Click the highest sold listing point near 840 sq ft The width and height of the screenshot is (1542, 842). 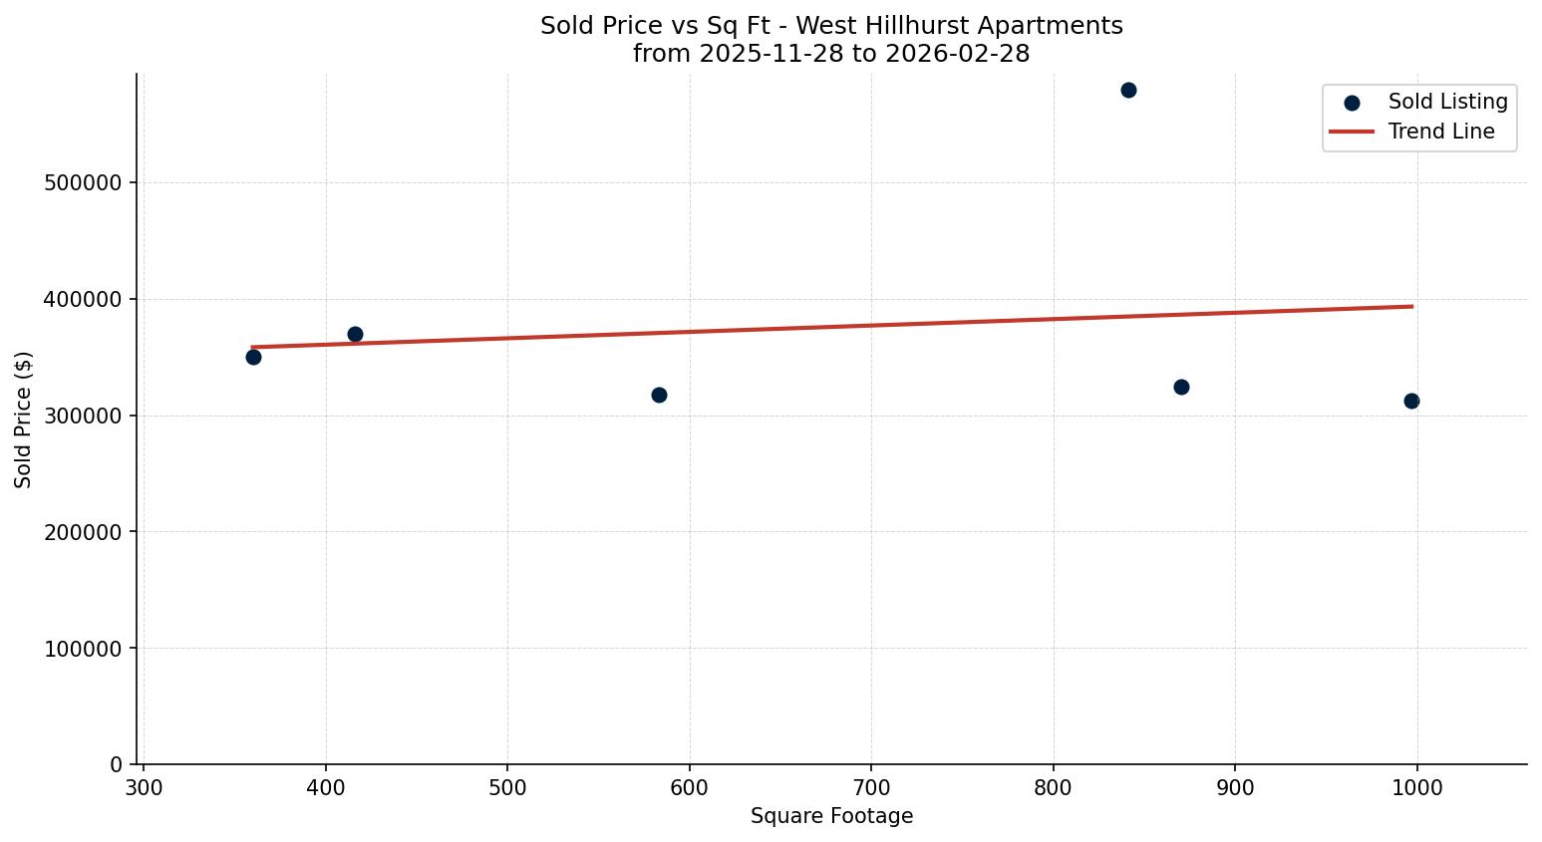[x=1128, y=91]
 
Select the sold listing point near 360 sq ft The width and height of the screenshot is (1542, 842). [x=253, y=357]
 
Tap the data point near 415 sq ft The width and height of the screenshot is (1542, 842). [x=355, y=334]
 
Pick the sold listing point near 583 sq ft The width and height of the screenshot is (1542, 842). [x=659, y=396]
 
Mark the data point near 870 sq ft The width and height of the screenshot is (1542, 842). [x=1181, y=387]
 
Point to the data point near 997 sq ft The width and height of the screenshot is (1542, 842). [x=1411, y=401]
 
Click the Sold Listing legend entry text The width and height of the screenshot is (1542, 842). [x=1447, y=102]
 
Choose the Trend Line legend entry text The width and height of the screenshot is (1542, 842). [x=1440, y=132]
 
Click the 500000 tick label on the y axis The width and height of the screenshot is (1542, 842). [x=84, y=183]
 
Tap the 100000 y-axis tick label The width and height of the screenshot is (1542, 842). [x=84, y=649]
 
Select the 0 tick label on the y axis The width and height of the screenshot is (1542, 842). [x=116, y=765]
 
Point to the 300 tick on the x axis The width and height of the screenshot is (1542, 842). [x=144, y=787]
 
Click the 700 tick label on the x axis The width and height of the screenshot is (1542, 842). [x=871, y=787]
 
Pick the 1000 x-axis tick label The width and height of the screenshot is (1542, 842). [x=1416, y=787]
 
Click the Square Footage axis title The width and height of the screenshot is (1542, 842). [x=831, y=817]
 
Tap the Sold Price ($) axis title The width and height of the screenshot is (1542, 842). [x=24, y=420]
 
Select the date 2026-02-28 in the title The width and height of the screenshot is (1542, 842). [x=957, y=54]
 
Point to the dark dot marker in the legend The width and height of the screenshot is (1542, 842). [x=1352, y=103]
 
